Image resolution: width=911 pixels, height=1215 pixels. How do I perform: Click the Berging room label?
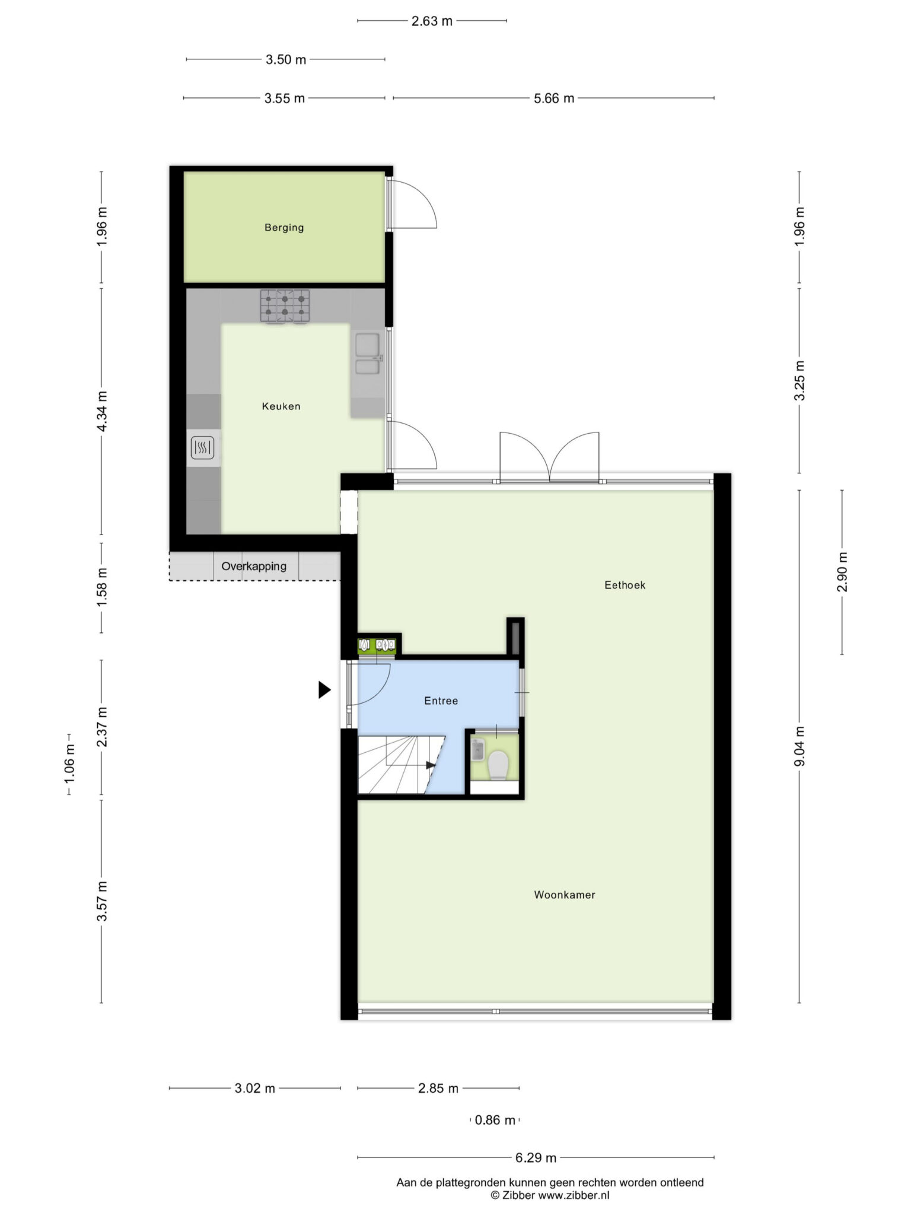(284, 227)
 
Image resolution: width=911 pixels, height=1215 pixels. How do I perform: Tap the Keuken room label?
(281, 406)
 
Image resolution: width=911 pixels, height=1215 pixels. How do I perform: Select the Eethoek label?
(625, 585)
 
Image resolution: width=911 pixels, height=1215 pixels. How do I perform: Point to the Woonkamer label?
(565, 895)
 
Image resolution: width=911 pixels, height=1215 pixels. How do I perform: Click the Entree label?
(441, 701)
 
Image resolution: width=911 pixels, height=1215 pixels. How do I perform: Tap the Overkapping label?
(254, 566)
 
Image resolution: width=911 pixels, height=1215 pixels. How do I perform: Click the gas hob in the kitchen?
(285, 306)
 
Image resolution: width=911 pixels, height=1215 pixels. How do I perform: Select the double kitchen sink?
(368, 354)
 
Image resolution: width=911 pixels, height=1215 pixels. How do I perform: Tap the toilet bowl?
(498, 765)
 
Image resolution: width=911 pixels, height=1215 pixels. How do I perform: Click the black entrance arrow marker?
(324, 690)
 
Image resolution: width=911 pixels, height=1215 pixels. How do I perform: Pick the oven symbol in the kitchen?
(202, 448)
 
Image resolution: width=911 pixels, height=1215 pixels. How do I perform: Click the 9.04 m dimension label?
(799, 746)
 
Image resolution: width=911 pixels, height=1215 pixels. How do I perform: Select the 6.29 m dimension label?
(536, 1157)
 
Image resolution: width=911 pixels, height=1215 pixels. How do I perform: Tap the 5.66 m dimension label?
(554, 98)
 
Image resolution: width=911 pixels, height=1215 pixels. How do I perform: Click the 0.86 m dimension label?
(495, 1120)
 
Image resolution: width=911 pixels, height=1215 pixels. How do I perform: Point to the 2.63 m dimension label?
(432, 21)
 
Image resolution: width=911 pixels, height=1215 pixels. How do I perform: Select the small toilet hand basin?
(478, 750)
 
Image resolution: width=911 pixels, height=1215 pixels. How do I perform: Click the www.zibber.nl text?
(574, 1195)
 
